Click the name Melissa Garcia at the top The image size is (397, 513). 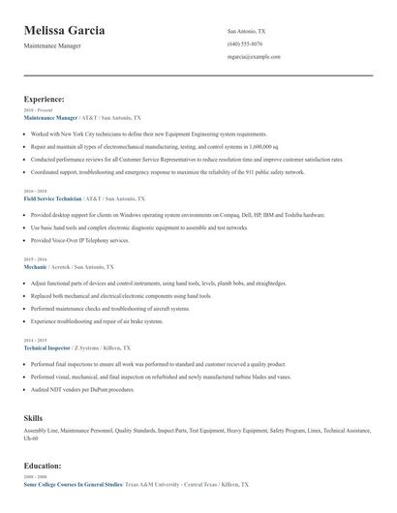[65, 32]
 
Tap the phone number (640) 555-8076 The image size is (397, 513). [244, 45]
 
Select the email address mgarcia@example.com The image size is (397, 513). [254, 57]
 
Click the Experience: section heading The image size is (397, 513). [45, 99]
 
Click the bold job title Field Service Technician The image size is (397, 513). [58, 198]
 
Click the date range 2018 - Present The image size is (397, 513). [36, 110]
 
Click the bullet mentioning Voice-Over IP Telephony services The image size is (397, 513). [79, 240]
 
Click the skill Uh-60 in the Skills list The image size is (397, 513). [31, 438]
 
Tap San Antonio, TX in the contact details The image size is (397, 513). [247, 32]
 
